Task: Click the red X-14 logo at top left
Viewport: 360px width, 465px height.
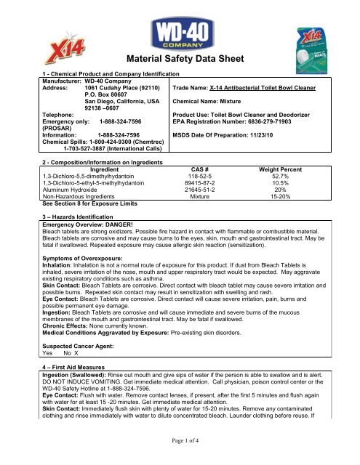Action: point(29,50)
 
